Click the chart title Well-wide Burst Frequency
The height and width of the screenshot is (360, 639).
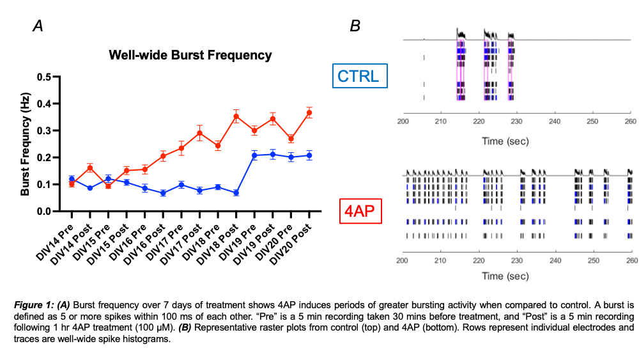pos(190,55)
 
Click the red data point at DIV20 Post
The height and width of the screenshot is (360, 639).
pos(309,113)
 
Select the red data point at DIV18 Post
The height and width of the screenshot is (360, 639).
pos(236,116)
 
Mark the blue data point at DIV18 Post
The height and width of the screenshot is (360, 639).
pos(236,192)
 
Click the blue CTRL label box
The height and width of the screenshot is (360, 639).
pos(358,76)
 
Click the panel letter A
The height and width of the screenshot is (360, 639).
pos(38,26)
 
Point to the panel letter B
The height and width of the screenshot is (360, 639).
pos(355,26)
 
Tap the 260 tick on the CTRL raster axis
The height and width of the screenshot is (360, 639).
pos(631,121)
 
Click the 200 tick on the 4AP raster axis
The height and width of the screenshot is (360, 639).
pos(403,260)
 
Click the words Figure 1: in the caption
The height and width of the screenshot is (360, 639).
pos(33,308)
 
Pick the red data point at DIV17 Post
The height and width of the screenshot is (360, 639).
pos(200,134)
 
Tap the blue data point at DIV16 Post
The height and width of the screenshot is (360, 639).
pos(164,192)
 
